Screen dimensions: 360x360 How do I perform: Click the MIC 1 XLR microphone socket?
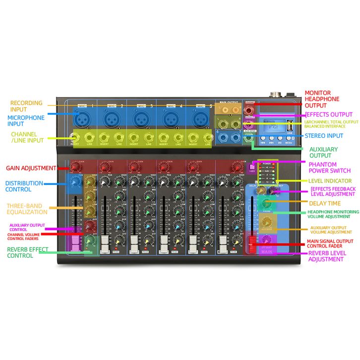81,119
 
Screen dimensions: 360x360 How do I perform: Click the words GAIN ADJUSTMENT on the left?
31,169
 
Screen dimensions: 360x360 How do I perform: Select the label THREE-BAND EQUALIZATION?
27,209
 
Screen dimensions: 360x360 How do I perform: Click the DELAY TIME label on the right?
325,203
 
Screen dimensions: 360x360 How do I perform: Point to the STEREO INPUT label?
324,135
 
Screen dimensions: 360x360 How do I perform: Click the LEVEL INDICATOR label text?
330,181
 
